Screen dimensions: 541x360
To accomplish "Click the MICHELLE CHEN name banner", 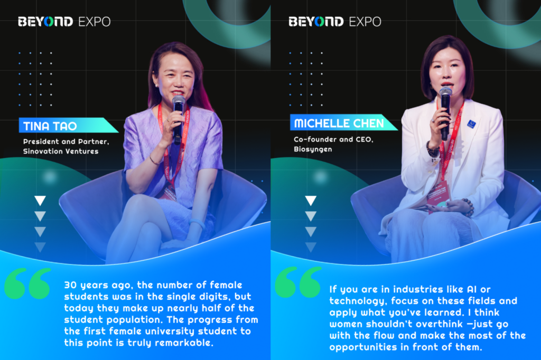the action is click(x=342, y=123).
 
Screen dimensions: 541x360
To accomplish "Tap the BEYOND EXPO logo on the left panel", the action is click(x=64, y=22).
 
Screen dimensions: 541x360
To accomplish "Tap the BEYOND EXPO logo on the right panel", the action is click(x=334, y=22).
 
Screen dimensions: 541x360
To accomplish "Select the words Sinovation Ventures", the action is click(x=61, y=151).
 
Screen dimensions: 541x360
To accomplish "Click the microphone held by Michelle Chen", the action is click(x=445, y=112).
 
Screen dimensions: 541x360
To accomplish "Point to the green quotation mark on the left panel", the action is click(x=27, y=283).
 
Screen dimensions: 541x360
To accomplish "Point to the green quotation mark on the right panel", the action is click(x=298, y=282).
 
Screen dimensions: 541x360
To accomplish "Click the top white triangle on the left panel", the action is click(x=40, y=201).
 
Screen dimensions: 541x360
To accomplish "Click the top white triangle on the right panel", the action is click(x=311, y=201).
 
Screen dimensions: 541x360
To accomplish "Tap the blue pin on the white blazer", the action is click(x=471, y=124).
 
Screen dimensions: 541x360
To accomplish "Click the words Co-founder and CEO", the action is click(x=333, y=139).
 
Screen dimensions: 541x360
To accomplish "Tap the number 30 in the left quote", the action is click(x=70, y=285).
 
